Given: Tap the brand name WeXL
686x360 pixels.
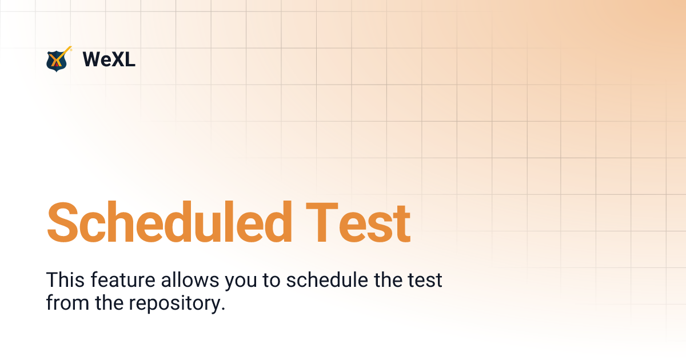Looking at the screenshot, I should coord(109,59).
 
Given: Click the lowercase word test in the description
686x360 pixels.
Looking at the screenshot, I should coord(424,281).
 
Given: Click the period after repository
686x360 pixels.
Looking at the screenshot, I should coord(223,309).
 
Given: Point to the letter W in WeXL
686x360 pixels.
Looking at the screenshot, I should coord(92,59).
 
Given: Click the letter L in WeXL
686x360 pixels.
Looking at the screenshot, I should coord(130,59).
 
